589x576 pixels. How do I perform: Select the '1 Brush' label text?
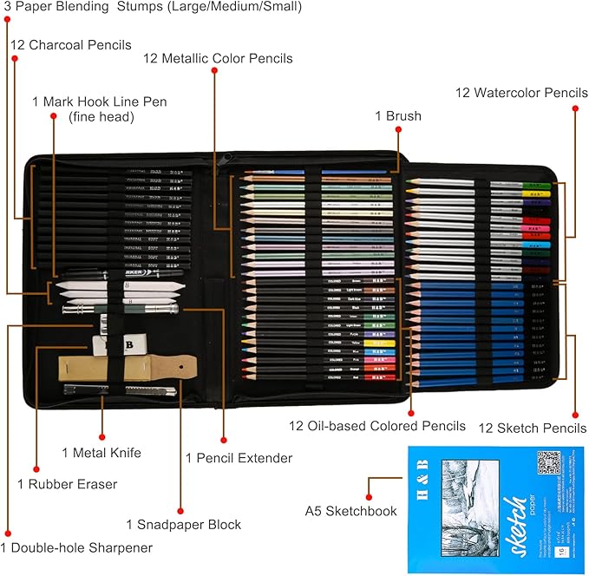tap(398, 115)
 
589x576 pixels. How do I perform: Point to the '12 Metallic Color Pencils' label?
tap(218, 59)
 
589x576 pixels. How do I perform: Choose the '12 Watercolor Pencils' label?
tap(522, 93)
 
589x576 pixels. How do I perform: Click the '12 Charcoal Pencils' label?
tap(71, 44)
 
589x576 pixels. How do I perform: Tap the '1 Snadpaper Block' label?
tap(183, 524)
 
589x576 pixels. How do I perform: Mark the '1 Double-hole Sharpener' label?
tap(76, 547)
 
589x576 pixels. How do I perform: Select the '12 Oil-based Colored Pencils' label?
tap(377, 426)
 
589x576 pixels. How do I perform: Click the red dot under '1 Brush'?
tap(398, 130)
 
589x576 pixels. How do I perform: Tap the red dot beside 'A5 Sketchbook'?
tap(370, 478)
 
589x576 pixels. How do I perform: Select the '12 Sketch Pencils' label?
tap(532, 428)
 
